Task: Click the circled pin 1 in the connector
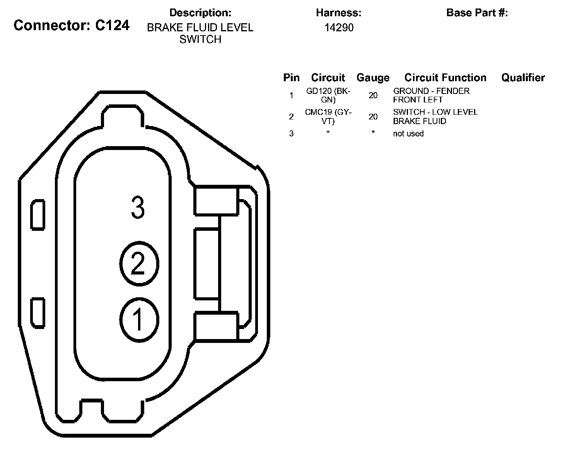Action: [139, 320]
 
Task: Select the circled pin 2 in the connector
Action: [139, 263]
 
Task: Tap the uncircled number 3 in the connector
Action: [138, 207]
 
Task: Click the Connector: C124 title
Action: [72, 26]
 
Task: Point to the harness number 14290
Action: [339, 27]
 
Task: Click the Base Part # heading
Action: [477, 12]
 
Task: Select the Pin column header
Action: [291, 78]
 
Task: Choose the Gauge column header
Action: [373, 78]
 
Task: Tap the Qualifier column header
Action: [523, 78]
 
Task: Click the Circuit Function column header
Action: [445, 78]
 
